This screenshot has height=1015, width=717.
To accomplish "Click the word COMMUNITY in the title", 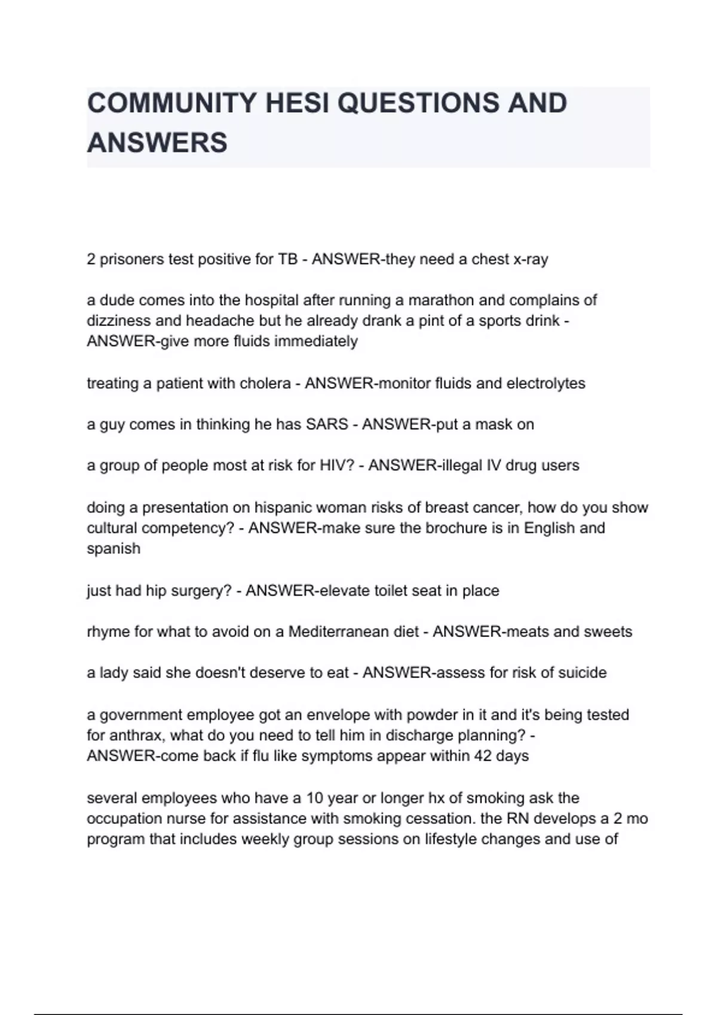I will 172,103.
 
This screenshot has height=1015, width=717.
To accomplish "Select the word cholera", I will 265,383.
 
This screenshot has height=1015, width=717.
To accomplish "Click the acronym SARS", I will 326,425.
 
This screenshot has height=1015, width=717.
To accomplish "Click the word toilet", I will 393,590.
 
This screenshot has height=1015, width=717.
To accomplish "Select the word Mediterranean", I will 353,632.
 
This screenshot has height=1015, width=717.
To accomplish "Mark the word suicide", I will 582,673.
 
